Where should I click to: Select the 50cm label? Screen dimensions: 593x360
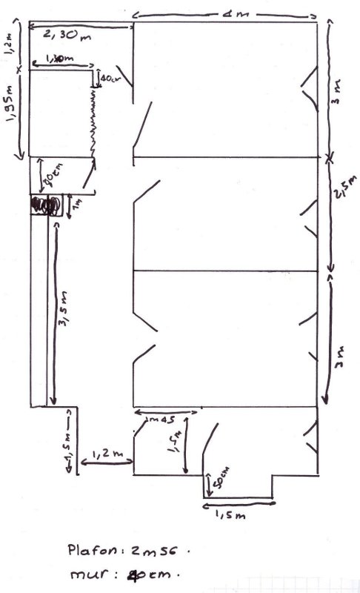tap(221, 482)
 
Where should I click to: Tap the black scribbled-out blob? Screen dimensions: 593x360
tap(44, 204)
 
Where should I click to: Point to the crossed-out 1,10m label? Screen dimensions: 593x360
tap(59, 59)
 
